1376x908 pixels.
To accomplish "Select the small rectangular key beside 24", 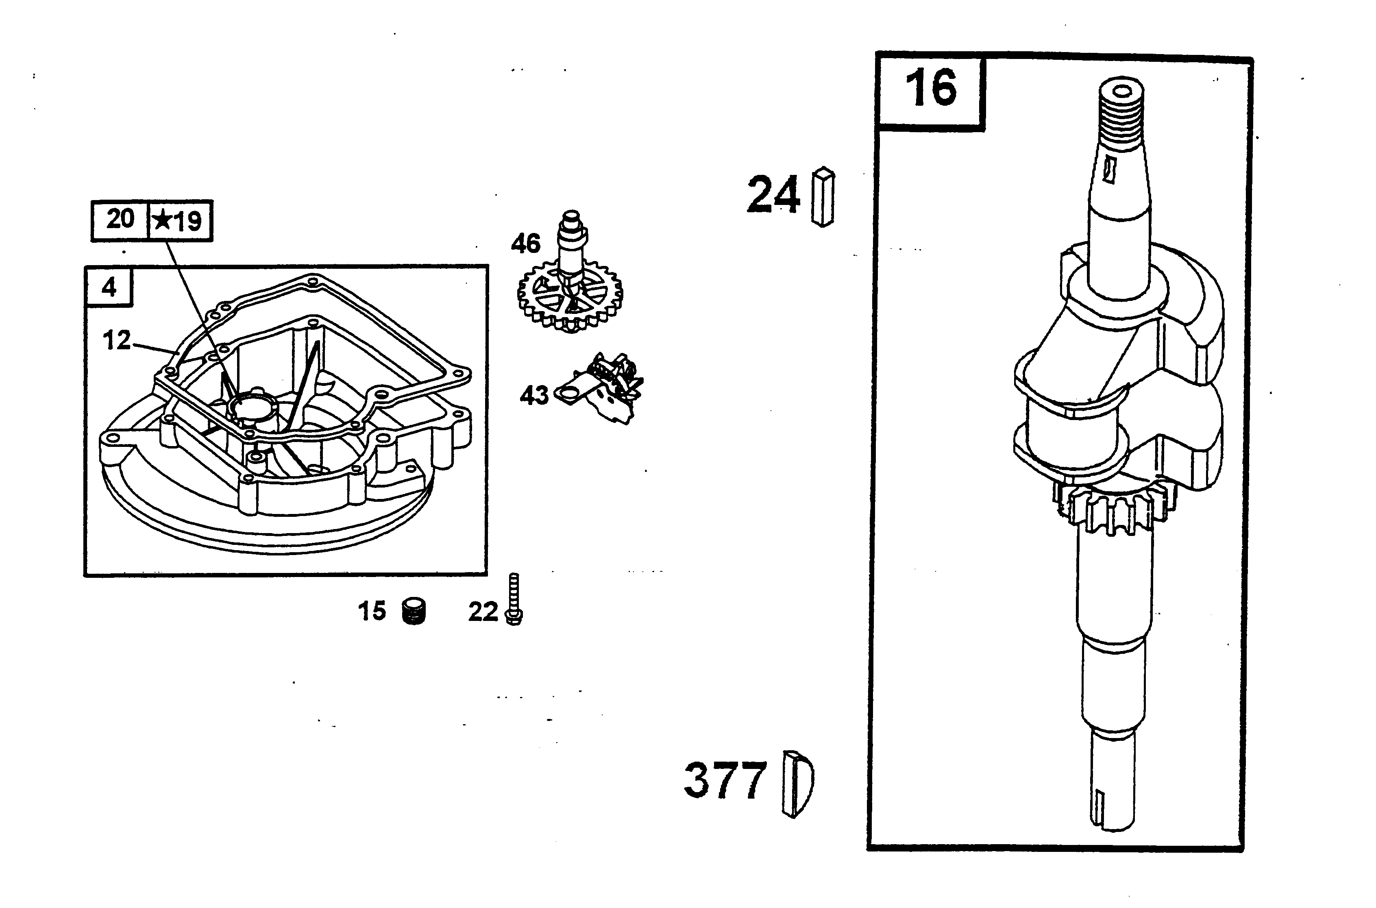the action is tap(823, 196).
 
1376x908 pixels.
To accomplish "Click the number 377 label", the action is tap(725, 780).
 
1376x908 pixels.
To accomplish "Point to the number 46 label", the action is tap(525, 244).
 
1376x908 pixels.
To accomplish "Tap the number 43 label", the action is tap(534, 396).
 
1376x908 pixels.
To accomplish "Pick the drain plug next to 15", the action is tap(414, 612).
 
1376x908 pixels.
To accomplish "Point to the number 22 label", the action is tap(483, 612).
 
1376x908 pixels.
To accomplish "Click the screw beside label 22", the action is tap(514, 599).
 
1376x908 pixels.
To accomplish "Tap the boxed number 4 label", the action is tap(109, 287).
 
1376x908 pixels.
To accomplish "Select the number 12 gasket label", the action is tap(117, 340).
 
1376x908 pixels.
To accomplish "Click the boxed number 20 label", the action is tap(120, 220).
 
